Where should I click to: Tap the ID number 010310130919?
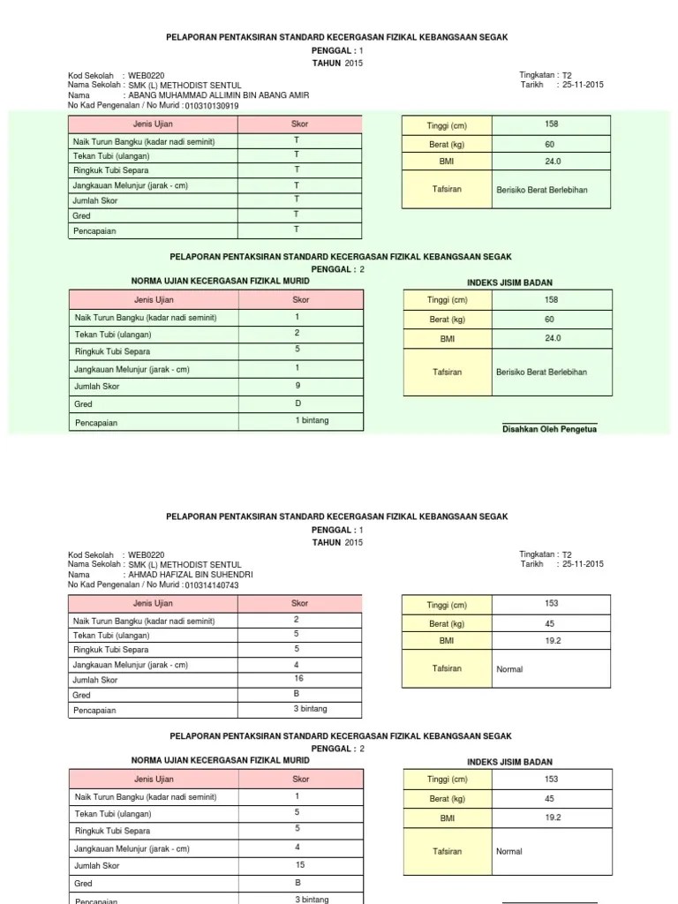(214, 106)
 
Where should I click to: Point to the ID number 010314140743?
(214, 585)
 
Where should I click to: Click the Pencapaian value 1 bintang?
(312, 420)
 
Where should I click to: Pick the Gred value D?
(298, 403)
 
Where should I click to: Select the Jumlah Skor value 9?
(298, 386)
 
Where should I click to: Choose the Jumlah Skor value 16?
(298, 679)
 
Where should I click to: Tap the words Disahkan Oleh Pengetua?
(549, 430)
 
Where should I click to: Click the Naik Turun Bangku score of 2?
(298, 620)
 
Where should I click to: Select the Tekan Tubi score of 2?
(298, 333)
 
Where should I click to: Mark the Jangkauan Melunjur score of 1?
(298, 367)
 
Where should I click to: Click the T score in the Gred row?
(297, 215)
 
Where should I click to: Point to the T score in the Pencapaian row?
(297, 230)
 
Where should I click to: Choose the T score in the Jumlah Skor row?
(297, 200)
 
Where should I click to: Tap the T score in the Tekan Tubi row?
(297, 154)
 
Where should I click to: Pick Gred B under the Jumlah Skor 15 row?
(298, 882)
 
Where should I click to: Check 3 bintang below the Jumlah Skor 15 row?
(312, 899)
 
